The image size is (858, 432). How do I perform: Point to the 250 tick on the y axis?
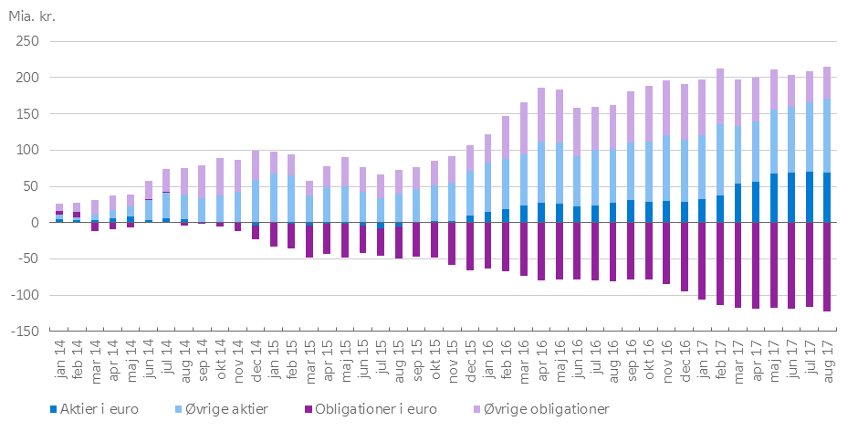(x=26, y=42)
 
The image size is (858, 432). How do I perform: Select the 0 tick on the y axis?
(x=33, y=223)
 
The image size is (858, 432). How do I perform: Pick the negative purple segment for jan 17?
(x=702, y=260)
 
